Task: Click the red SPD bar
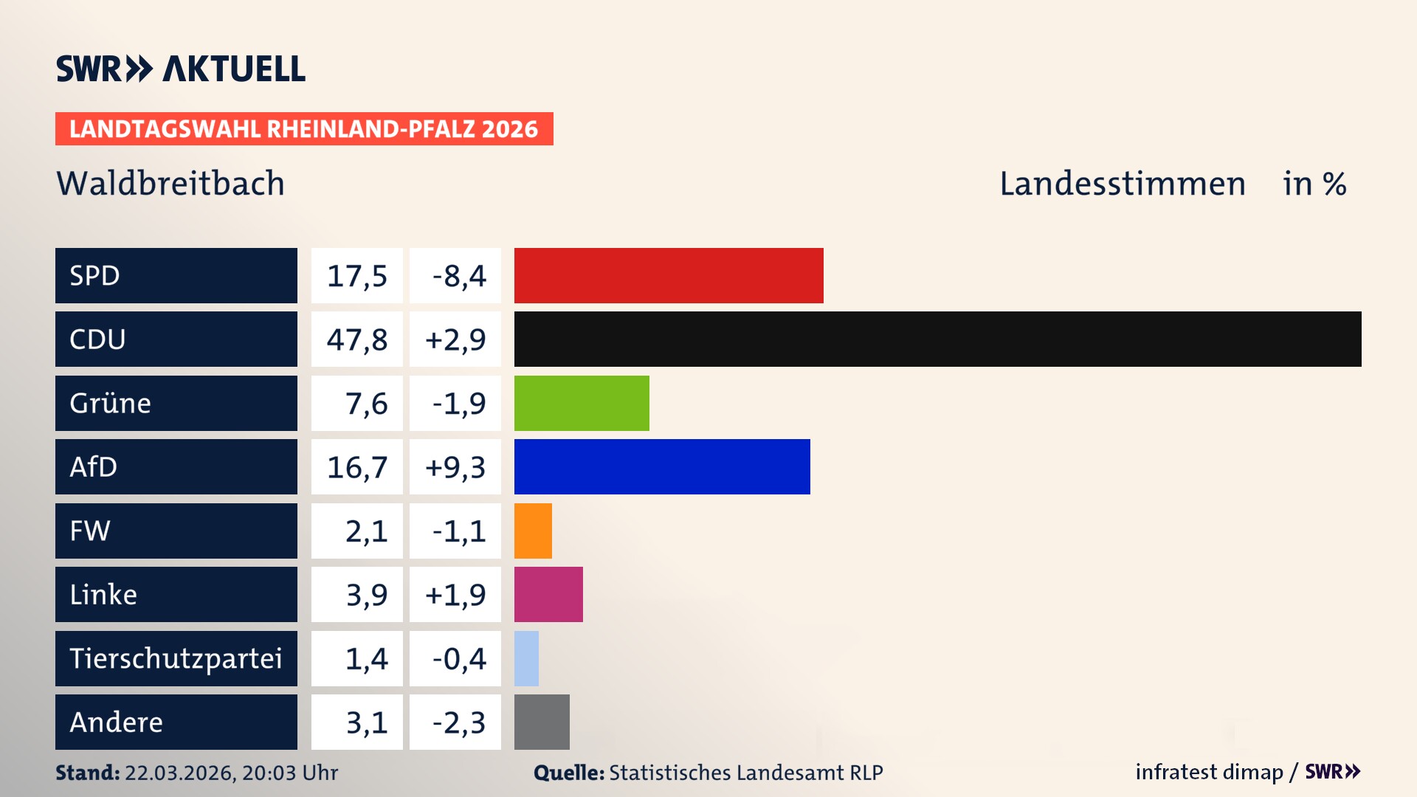click(x=669, y=275)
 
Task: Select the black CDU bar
click(x=937, y=339)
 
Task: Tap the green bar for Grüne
click(x=582, y=403)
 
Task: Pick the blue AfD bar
click(x=662, y=466)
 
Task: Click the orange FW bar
click(x=533, y=531)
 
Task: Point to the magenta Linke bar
click(x=548, y=594)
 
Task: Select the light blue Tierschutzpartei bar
click(x=526, y=658)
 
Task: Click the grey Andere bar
click(x=542, y=722)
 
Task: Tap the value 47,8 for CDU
click(x=357, y=339)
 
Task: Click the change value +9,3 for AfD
click(x=455, y=467)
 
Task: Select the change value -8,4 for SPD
click(x=458, y=276)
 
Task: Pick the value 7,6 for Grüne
click(x=366, y=404)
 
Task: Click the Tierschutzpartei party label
click(x=176, y=658)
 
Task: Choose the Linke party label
click(x=103, y=595)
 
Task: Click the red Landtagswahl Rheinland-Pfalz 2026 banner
click(x=303, y=129)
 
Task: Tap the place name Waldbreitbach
click(x=170, y=183)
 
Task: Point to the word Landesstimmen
click(x=1122, y=184)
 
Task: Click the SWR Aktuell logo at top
click(x=181, y=69)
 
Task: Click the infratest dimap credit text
click(x=1208, y=772)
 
